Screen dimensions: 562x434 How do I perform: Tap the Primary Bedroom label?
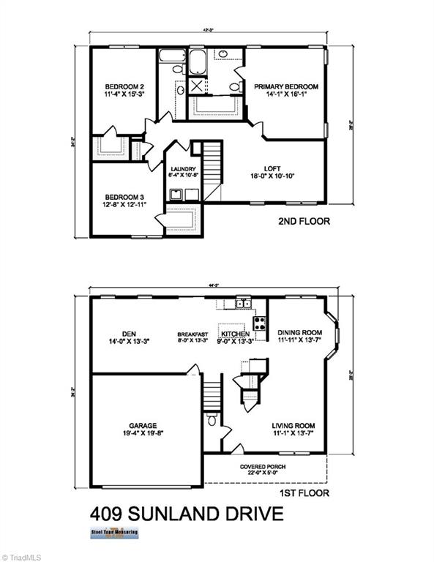tap(286, 86)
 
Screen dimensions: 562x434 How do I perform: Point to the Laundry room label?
tap(181, 169)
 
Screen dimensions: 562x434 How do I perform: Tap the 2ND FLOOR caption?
tap(304, 220)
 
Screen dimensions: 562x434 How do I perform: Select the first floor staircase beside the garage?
tap(212, 396)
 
